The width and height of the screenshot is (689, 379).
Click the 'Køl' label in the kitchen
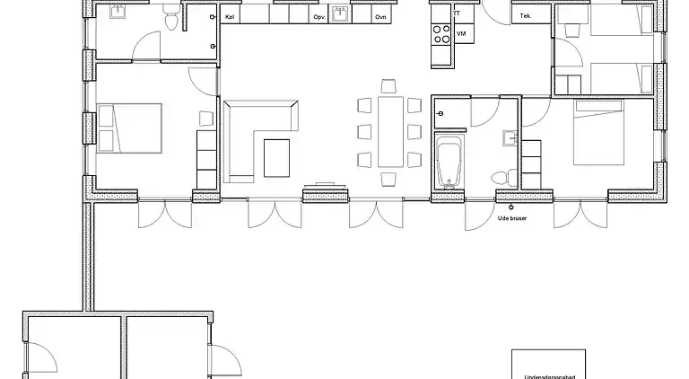[230, 16]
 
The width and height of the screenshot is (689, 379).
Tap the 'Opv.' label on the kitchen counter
[318, 16]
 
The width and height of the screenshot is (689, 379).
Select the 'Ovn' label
[381, 16]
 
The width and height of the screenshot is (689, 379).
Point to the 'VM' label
[461, 33]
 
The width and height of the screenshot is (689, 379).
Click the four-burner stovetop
[441, 34]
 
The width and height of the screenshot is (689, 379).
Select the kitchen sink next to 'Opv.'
[339, 14]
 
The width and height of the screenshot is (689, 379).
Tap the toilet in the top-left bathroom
[170, 18]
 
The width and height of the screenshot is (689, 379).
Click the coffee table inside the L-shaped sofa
[277, 157]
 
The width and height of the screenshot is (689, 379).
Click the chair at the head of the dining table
[389, 86]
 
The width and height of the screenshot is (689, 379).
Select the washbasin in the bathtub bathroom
[510, 138]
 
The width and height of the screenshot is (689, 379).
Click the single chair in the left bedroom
[205, 118]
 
